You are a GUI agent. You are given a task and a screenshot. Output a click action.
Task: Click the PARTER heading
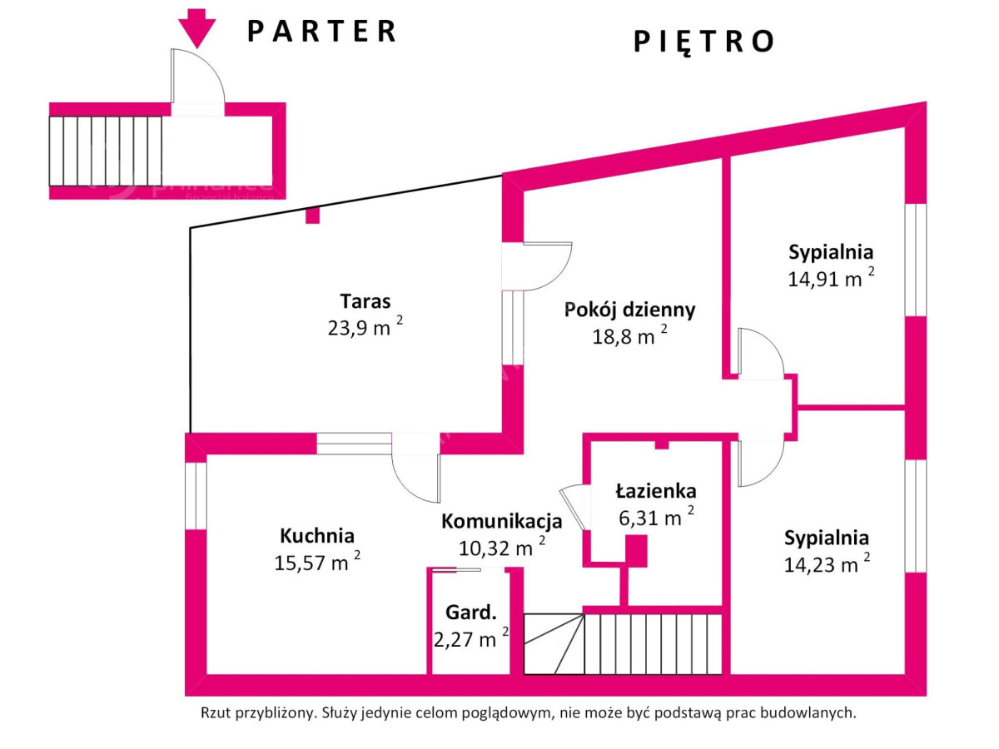[x=322, y=31]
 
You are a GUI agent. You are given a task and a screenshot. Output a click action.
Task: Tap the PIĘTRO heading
[x=704, y=41]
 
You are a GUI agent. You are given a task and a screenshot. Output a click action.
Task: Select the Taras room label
[x=365, y=300]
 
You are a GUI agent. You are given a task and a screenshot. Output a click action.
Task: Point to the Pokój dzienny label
[x=629, y=310]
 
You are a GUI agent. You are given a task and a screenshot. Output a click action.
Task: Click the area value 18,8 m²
[x=629, y=336]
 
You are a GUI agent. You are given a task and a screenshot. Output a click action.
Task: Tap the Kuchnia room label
[x=317, y=535]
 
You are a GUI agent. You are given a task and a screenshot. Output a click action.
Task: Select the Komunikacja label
[x=501, y=522]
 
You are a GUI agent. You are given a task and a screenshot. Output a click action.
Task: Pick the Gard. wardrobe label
[x=471, y=614]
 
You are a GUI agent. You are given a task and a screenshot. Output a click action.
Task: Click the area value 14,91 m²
[x=831, y=278]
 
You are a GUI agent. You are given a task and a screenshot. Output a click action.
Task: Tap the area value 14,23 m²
[x=827, y=564]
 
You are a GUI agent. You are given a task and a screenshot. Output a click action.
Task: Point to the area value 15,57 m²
[x=317, y=563]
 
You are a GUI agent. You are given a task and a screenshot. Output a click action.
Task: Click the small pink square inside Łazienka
[x=636, y=549]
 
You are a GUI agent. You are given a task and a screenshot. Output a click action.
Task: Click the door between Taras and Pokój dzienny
[x=538, y=266]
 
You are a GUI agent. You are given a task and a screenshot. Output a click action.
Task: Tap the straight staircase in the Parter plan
[x=106, y=151]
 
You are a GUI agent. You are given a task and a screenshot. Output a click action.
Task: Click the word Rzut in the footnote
[x=216, y=713]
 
